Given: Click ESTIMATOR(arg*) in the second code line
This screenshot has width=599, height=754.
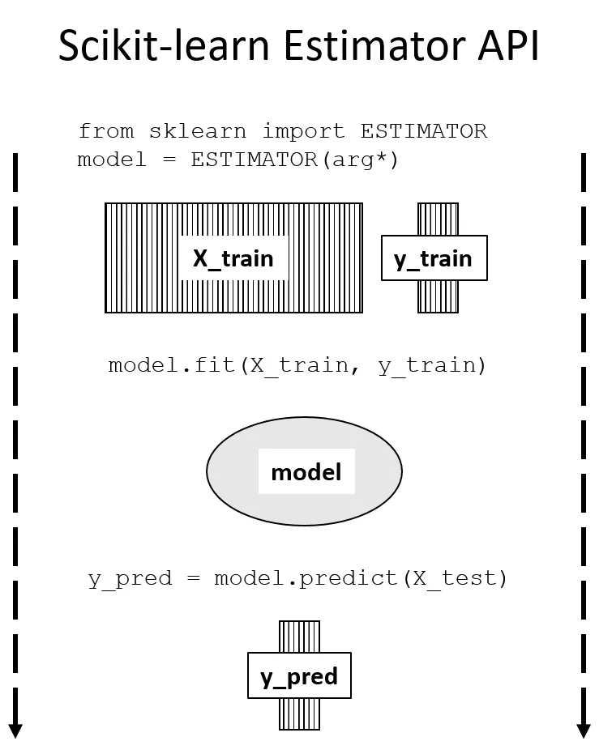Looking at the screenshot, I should [295, 160].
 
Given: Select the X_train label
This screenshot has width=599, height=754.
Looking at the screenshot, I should [233, 258].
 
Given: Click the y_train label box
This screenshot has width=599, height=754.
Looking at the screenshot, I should [434, 258].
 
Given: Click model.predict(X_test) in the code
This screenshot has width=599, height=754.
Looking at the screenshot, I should [361, 579].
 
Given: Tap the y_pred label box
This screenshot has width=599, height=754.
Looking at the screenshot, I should [299, 676].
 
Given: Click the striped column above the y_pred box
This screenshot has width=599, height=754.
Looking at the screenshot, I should [299, 637].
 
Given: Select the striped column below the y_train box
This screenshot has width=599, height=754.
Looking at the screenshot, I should [438, 296].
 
